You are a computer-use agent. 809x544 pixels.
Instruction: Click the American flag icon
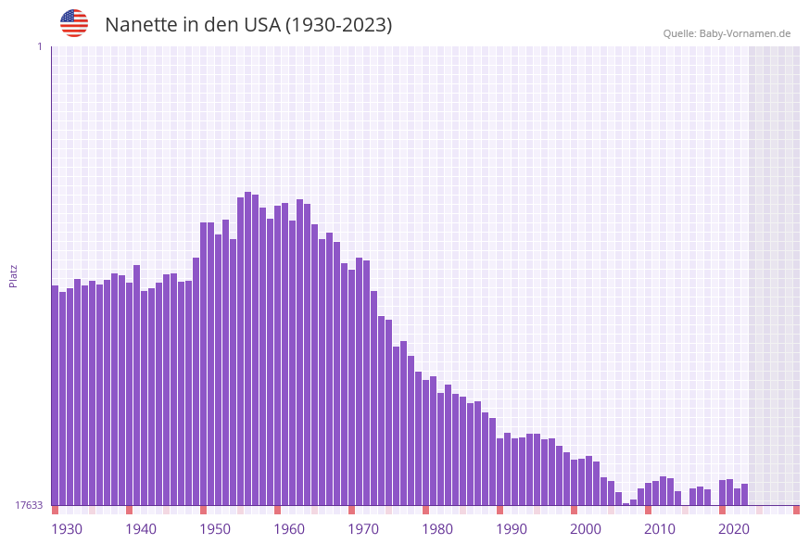point(74,23)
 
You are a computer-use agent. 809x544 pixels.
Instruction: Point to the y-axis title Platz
point(13,275)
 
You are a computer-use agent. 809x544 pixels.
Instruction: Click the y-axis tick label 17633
point(30,505)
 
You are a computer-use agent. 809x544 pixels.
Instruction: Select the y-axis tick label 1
point(39,46)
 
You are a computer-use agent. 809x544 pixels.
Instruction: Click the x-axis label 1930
point(67,529)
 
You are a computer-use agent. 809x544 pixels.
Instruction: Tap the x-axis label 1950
point(215,529)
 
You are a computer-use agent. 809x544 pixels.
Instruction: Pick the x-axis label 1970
point(363,529)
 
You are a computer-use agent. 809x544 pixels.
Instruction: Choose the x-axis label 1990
point(512,529)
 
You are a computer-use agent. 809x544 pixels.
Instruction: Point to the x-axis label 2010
point(660,529)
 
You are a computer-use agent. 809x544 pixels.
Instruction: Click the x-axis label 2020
point(734,529)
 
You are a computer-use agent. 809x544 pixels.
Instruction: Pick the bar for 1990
point(500,472)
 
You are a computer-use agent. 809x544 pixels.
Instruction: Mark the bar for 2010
point(649,494)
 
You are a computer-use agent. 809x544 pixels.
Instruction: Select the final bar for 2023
point(745,495)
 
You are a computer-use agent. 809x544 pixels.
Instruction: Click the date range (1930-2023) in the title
point(338,25)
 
